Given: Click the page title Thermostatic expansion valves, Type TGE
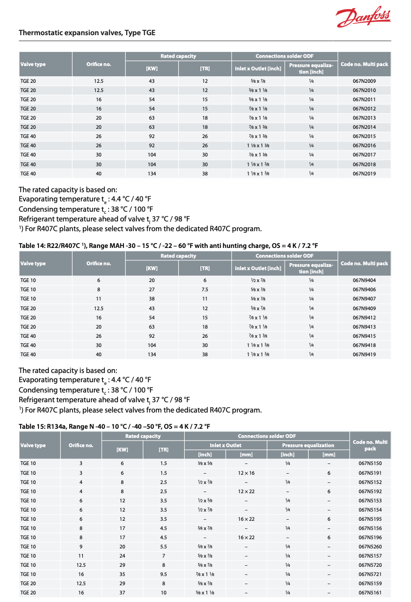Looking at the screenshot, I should [87, 33].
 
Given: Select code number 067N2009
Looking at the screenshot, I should [364, 81].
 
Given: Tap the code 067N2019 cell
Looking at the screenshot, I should [364, 173].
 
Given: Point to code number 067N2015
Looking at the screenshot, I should [364, 136].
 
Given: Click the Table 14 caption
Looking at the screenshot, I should [168, 245].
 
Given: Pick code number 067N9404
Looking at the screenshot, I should [364, 280].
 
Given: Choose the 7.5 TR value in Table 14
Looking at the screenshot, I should [205, 290].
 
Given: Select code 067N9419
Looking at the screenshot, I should [364, 354].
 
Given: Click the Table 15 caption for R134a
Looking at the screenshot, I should [114, 427].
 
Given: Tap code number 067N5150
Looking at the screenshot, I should [370, 463].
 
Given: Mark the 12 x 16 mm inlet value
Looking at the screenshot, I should [246, 473].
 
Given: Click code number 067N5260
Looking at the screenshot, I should [370, 546].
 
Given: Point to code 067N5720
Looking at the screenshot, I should [370, 565].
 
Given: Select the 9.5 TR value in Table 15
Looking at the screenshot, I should [164, 574].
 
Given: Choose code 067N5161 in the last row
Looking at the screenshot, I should [370, 592].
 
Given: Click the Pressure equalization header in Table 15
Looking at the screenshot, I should [308, 446].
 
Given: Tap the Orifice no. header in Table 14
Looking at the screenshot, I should [99, 264].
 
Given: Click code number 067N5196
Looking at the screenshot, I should [370, 537].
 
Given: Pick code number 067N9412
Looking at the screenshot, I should [364, 317].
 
